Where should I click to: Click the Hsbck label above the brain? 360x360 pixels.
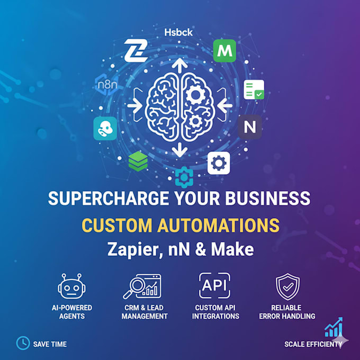tap(178, 33)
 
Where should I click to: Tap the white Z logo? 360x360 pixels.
tap(136, 50)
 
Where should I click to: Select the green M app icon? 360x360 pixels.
tap(224, 51)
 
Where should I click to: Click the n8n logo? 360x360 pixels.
tap(107, 85)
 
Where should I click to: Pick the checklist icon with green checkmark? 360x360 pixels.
tap(254, 90)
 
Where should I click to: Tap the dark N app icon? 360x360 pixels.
tap(250, 127)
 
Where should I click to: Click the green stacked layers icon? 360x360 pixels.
tap(138, 161)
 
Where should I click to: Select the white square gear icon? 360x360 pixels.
tap(219, 163)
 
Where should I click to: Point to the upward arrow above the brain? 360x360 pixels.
tap(180, 66)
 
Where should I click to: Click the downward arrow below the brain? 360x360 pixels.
tap(180, 150)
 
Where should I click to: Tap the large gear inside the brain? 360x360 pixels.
tap(195, 95)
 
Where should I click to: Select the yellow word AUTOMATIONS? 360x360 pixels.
tap(218, 225)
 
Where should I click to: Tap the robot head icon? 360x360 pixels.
tap(71, 286)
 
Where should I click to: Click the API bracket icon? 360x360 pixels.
tap(214, 285)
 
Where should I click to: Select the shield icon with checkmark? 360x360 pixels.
tap(287, 286)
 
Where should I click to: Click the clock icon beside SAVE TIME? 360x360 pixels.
tap(23, 343)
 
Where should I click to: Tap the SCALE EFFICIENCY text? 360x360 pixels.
tap(313, 344)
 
